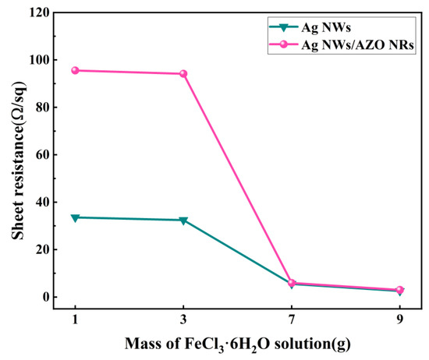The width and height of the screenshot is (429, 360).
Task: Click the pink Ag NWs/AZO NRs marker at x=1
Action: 76,70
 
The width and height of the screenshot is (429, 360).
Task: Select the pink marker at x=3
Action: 183,74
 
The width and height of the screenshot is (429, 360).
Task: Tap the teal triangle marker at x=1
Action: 76,218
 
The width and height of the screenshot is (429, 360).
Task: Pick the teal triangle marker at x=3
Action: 183,221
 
